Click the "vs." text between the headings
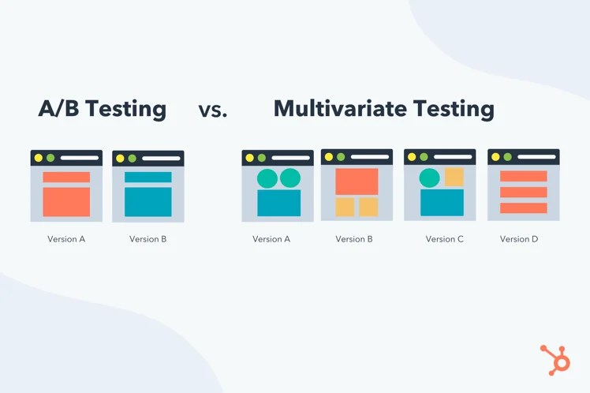tap(213, 110)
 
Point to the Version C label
tap(445, 239)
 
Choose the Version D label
tap(519, 239)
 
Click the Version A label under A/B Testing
tap(66, 239)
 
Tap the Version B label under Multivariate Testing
tap(354, 239)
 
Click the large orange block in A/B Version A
tap(66, 201)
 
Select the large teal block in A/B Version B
tap(148, 201)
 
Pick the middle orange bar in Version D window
tap(524, 193)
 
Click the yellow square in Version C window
tap(454, 177)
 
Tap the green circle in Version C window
tap(429, 178)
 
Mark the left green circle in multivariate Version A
tap(267, 178)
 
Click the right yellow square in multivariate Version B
tap(368, 207)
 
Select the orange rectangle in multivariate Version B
tap(357, 182)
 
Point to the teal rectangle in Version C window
tap(442, 202)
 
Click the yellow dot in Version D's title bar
tap(495, 157)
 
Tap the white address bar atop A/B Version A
tap(80, 158)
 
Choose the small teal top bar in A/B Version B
tap(148, 178)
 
